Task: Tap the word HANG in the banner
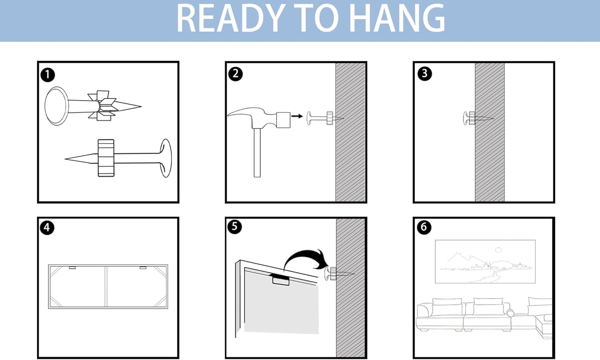pyautogui.click(x=398, y=18)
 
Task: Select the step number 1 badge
pyautogui.click(x=48, y=74)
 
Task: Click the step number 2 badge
pyautogui.click(x=236, y=74)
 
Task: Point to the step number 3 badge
pyautogui.click(x=424, y=73)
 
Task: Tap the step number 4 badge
pyautogui.click(x=47, y=228)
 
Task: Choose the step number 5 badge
pyautogui.click(x=234, y=227)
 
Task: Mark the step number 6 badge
pyautogui.click(x=424, y=227)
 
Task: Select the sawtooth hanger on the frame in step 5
pyautogui.click(x=281, y=280)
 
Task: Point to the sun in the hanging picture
pyautogui.click(x=498, y=250)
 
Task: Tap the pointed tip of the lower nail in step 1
pyautogui.click(x=66, y=159)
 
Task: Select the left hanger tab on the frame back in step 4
pyautogui.click(x=72, y=267)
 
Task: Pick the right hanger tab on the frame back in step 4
pyautogui.click(x=143, y=267)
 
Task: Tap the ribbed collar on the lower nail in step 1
pyautogui.click(x=106, y=158)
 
